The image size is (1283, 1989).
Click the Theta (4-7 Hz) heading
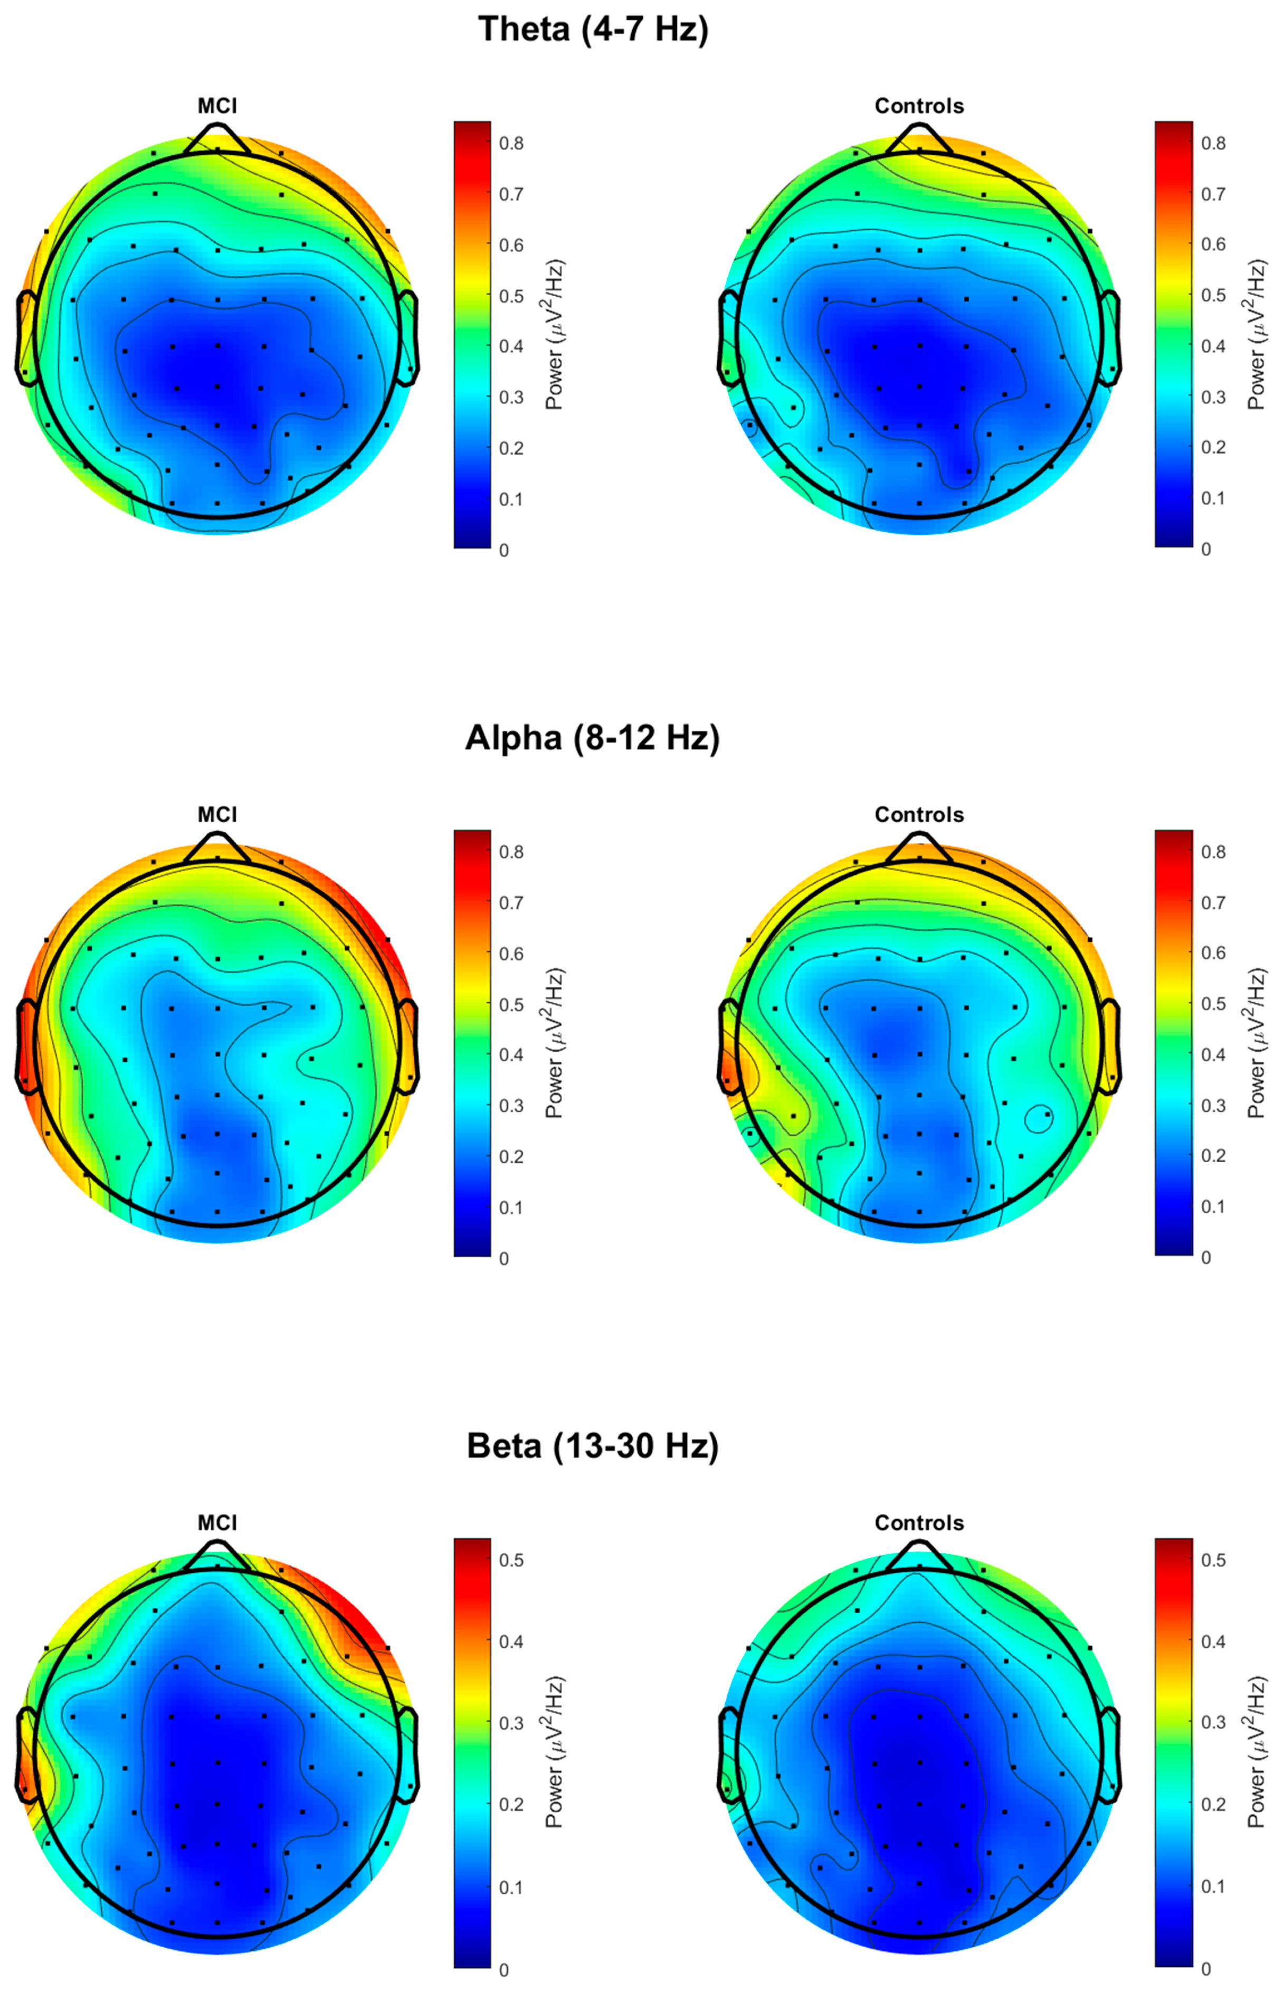point(593,30)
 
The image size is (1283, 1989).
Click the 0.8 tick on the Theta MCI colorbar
point(511,143)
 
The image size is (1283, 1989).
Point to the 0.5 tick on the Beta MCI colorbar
point(511,1560)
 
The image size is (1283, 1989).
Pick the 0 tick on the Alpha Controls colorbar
point(1205,1258)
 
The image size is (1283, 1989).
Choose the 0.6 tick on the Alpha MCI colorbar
point(511,953)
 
